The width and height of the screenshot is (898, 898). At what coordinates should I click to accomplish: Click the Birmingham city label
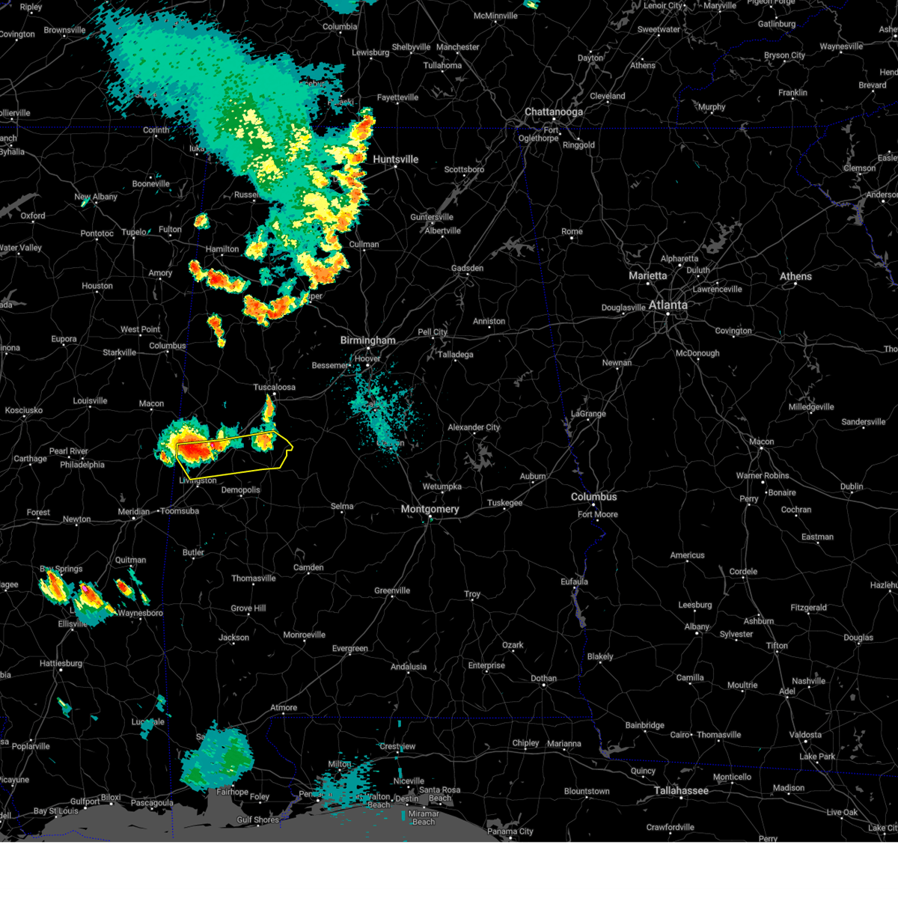[x=367, y=340]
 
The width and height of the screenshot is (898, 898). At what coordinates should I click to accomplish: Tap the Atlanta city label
[x=668, y=305]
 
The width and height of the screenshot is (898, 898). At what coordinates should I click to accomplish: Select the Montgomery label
[x=430, y=510]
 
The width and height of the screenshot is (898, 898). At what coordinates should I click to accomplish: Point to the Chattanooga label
[x=553, y=112]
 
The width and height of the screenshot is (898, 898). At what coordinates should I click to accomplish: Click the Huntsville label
[x=395, y=159]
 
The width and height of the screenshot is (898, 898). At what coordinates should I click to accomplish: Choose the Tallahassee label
[x=681, y=791]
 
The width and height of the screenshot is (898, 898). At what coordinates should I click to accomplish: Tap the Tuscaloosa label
[x=274, y=388]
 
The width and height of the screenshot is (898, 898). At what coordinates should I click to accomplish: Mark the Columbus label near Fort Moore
[x=593, y=497]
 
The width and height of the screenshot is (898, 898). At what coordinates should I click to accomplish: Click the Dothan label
[x=543, y=679]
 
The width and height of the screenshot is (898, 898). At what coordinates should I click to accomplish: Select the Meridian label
[x=134, y=512]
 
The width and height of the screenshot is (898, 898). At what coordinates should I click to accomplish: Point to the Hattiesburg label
[x=61, y=664]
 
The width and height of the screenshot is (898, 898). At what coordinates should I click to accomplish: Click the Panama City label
[x=510, y=831]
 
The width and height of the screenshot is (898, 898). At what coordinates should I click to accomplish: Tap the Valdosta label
[x=805, y=735]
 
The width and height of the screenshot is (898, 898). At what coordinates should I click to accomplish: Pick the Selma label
[x=342, y=507]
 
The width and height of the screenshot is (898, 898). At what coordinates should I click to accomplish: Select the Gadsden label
[x=467, y=269]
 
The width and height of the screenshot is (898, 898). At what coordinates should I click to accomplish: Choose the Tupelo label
[x=134, y=233]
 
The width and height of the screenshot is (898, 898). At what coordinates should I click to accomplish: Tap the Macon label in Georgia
[x=761, y=442]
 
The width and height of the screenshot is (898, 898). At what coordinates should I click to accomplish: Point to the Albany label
[x=697, y=627]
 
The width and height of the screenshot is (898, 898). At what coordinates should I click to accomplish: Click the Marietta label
[x=647, y=276]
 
